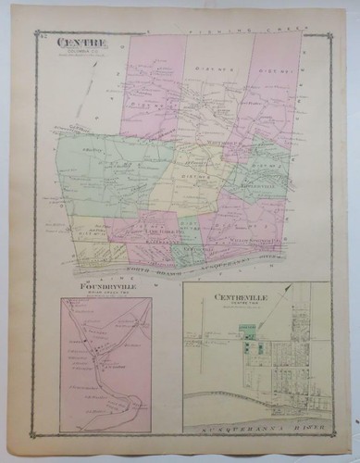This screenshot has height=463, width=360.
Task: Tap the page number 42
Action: tap(43, 35)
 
